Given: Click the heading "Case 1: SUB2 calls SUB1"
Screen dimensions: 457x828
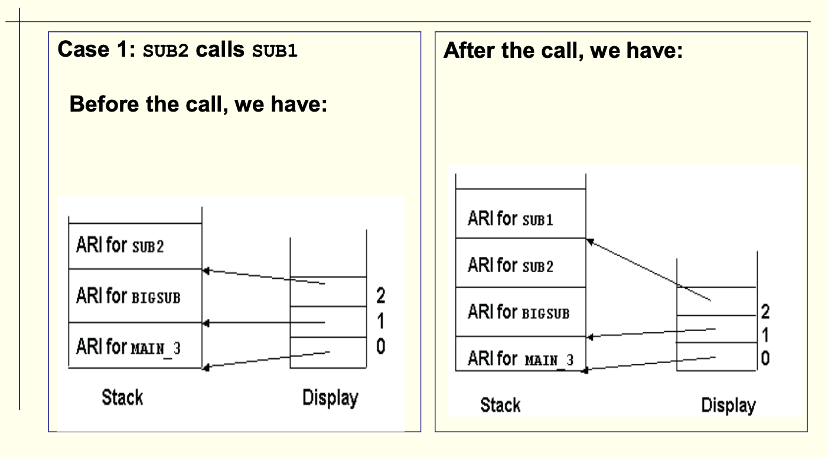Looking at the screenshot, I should [x=177, y=50].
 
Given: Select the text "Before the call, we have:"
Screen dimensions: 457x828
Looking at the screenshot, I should [x=198, y=105].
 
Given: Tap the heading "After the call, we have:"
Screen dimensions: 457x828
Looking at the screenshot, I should [x=562, y=50].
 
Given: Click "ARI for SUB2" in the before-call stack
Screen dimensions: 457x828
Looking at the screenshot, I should [x=120, y=245].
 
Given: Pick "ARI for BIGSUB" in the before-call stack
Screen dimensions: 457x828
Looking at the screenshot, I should [x=128, y=295].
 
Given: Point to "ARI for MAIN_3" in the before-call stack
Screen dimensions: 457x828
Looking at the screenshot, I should [x=128, y=347].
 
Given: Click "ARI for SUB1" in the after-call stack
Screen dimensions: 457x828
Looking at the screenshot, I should [x=510, y=219].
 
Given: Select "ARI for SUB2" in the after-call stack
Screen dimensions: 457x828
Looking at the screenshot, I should [x=510, y=265].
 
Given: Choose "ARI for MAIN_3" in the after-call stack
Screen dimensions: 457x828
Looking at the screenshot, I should [x=520, y=358].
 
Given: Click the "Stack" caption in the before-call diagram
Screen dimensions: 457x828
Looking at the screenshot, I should [x=122, y=397].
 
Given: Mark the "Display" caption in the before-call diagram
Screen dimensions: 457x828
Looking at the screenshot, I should [x=330, y=397].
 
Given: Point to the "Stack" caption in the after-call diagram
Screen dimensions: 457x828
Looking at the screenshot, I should [x=500, y=405].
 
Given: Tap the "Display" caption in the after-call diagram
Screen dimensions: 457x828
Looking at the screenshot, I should [x=728, y=405].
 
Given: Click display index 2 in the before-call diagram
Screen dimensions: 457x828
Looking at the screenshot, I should [x=380, y=295].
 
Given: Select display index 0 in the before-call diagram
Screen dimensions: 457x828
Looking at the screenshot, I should [x=380, y=347].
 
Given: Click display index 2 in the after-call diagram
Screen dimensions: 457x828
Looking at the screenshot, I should [x=765, y=312].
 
